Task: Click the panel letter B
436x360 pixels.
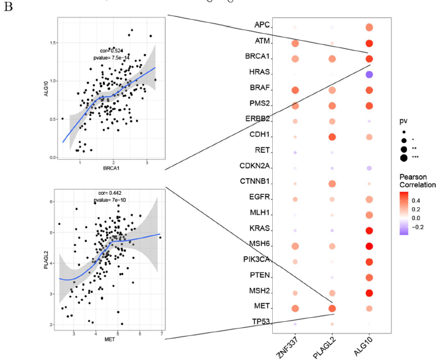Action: coord(8,10)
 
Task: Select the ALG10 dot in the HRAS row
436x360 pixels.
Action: coord(369,75)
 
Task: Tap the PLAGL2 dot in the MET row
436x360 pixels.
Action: coord(332,308)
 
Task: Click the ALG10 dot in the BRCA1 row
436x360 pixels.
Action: coord(369,59)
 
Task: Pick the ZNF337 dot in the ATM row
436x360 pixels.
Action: coord(295,44)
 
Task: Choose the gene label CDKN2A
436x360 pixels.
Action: coord(257,165)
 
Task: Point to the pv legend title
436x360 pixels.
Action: coord(403,121)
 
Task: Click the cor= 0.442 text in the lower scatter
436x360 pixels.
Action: coord(112,192)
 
